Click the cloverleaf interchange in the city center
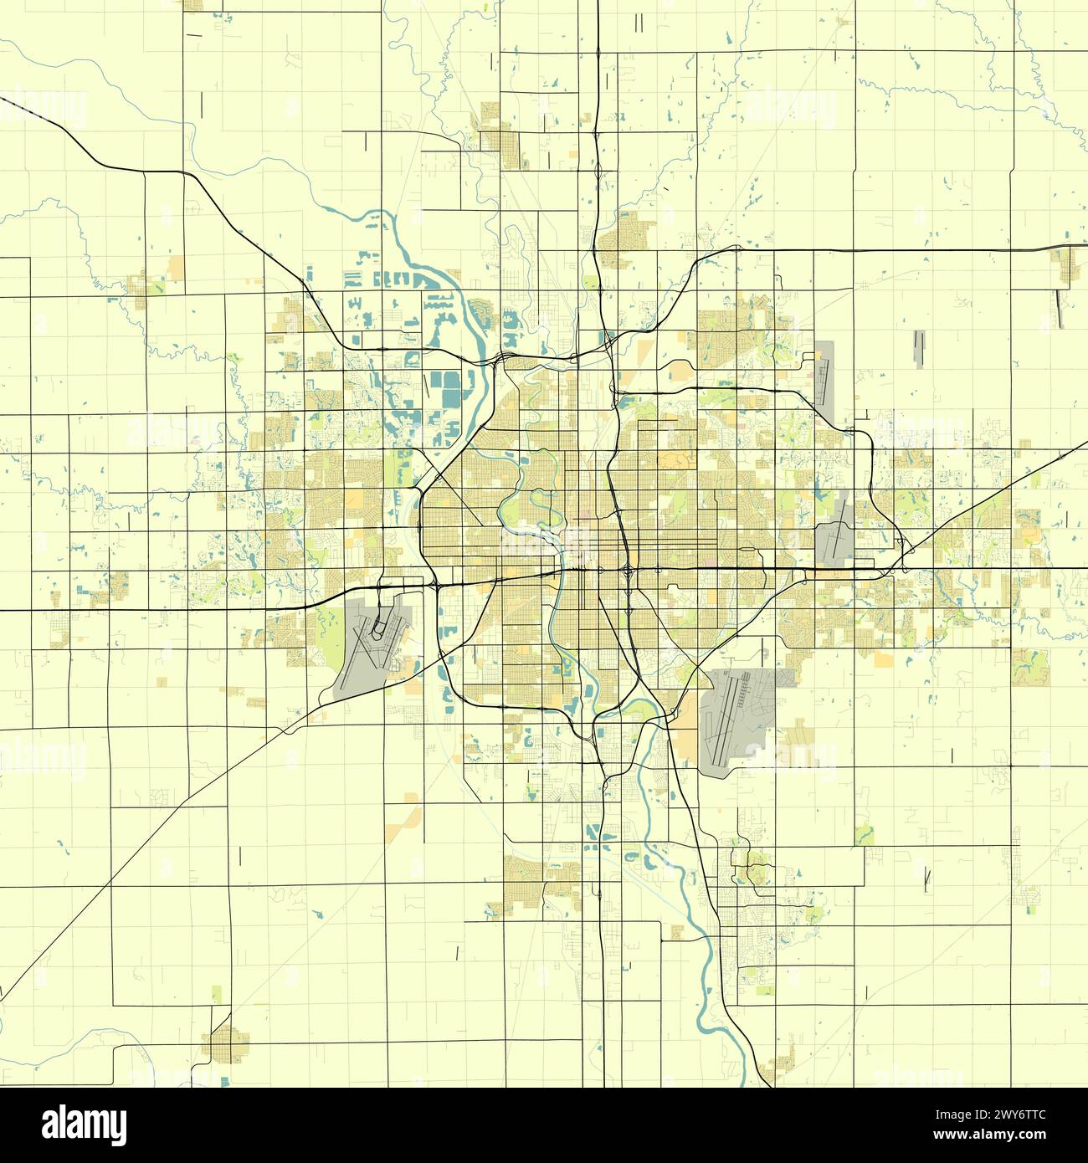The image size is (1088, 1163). tap(628, 571)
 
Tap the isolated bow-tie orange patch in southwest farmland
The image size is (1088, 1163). tap(409, 808)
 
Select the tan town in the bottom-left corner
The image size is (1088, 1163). tap(228, 1043)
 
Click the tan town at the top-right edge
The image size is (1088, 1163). tap(1066, 264)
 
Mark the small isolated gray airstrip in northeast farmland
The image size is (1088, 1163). tap(921, 350)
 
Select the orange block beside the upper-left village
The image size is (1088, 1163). tap(176, 268)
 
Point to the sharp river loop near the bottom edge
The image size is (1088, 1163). tap(701, 1017)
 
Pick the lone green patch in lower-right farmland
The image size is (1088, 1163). tap(865, 834)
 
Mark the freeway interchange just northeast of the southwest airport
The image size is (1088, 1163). tap(436, 585)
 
